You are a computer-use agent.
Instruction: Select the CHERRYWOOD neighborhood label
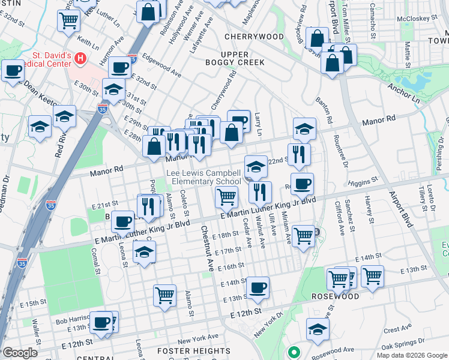pos(254,37)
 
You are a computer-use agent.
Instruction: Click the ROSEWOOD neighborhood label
pos(335,296)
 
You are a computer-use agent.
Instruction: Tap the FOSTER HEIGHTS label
pos(185,350)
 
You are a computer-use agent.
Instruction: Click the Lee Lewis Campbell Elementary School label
pos(206,177)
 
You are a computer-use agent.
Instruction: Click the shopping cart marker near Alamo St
pos(164,295)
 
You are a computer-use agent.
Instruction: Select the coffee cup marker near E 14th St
pos(258,287)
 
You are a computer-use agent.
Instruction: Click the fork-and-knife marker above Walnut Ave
pos(260,192)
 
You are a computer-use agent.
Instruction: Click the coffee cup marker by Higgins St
pos(302,184)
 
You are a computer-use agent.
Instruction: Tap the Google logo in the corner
pos(20,353)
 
